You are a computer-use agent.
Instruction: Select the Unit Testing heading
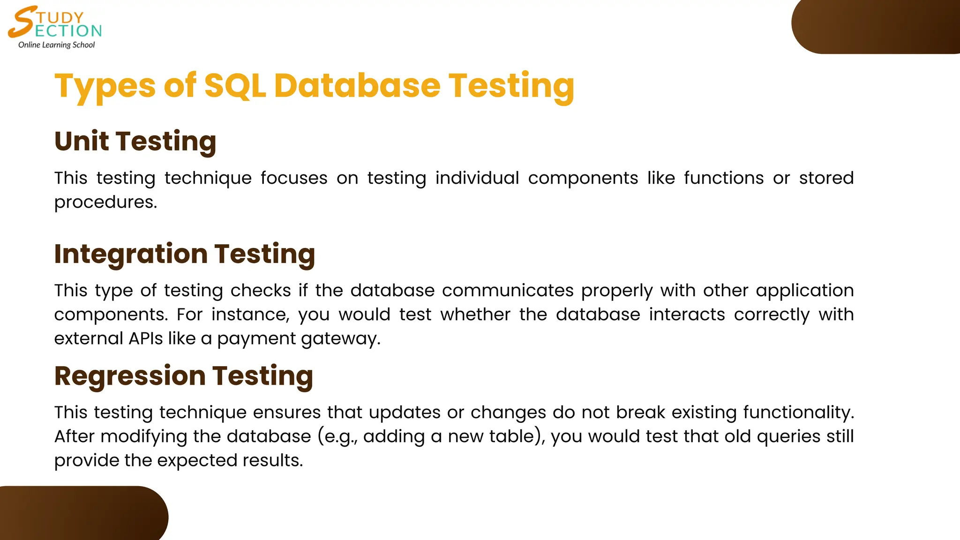(135, 141)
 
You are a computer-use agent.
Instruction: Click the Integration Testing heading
(184, 254)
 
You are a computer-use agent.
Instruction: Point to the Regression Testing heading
(183, 376)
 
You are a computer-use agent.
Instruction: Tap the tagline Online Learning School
(56, 45)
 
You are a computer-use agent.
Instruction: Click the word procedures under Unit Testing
(105, 202)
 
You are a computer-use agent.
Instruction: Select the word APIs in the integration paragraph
(145, 338)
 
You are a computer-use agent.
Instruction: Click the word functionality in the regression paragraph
(798, 412)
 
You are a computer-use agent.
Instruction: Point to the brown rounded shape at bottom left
(80, 513)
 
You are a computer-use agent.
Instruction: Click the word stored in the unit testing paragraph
(826, 178)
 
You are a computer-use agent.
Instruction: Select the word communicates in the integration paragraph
(508, 291)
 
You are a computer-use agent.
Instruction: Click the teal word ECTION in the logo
(69, 31)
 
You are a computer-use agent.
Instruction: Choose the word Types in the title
(105, 86)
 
